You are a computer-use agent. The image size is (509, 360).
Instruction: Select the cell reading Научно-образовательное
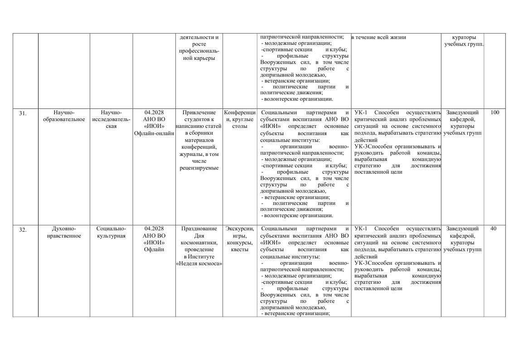63,116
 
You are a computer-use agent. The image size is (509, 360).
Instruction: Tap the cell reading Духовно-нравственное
63,232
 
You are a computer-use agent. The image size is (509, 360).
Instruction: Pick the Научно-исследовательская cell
111,119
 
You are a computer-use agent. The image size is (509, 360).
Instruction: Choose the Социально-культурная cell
111,232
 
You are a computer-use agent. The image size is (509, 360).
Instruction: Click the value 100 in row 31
494,112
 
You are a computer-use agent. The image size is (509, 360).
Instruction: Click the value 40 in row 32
494,229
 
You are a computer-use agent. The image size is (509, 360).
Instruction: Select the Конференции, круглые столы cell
240,119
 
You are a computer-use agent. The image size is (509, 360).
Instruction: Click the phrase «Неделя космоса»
199,264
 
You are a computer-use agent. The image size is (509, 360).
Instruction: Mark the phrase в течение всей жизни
379,37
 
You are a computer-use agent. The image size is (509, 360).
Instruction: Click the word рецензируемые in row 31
199,168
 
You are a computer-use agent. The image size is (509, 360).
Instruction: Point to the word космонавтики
199,243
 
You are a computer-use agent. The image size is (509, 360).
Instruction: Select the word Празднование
199,229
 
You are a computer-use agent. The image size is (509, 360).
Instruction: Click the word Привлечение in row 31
199,112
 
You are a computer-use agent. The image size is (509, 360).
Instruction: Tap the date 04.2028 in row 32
154,229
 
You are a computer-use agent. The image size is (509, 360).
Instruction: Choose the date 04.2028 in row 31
154,112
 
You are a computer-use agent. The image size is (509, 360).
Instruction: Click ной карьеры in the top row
199,58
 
